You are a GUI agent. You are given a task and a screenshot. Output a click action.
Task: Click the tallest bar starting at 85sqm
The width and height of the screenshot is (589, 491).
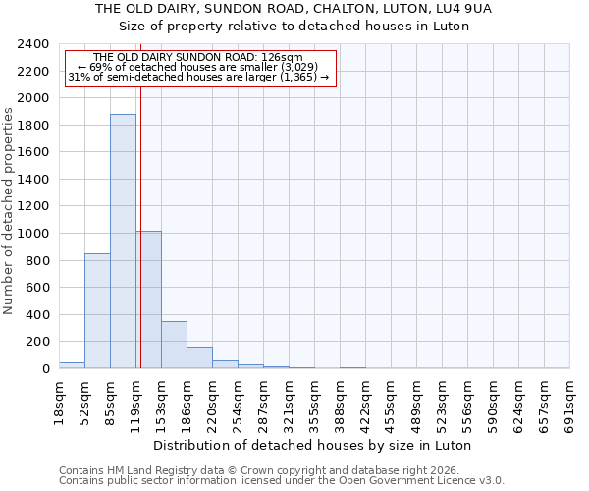(x=123, y=242)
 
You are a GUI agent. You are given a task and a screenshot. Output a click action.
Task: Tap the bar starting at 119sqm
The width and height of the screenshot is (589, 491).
(x=148, y=300)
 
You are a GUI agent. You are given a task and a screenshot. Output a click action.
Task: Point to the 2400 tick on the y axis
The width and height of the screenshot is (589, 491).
(x=34, y=44)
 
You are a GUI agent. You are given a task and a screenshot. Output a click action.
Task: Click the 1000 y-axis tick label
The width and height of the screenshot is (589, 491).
(x=34, y=234)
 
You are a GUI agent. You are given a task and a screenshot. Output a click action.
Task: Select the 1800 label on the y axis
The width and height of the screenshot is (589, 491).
(x=34, y=126)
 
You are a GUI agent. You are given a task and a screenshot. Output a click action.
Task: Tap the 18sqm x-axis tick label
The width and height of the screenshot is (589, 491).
(x=59, y=401)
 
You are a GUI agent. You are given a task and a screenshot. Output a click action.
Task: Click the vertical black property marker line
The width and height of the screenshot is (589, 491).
(x=140, y=216)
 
